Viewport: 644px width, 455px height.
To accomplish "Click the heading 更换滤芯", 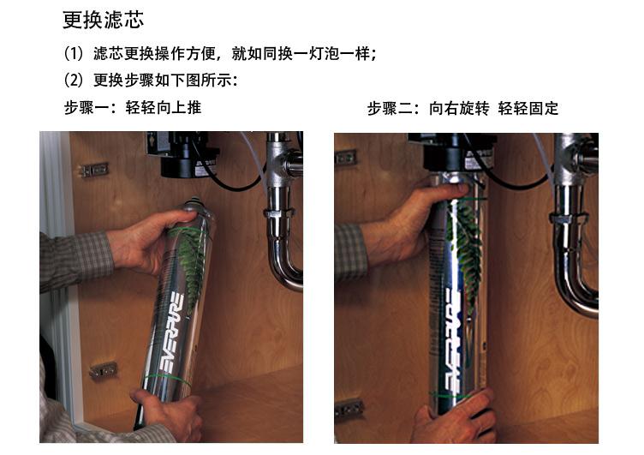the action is coord(103,20).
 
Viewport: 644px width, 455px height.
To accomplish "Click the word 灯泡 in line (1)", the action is coord(325,54).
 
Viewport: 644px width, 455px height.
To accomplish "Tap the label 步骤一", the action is coord(86,108).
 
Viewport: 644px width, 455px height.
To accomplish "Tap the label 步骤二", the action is coord(391,109).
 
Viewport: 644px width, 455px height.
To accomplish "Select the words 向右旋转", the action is coord(459,109).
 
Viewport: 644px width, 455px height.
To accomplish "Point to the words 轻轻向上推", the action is coord(164,108).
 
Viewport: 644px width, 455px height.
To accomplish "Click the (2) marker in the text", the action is coord(74,80).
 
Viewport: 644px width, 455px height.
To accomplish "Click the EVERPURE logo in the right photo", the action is coord(453,340).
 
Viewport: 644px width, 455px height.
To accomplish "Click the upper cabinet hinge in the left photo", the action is coord(94,170).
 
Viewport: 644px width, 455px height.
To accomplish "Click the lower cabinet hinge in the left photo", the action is coord(103,370).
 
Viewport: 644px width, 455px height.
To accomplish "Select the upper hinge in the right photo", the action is coord(345,157).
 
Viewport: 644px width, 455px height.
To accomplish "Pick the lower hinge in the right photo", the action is coord(349,408).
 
